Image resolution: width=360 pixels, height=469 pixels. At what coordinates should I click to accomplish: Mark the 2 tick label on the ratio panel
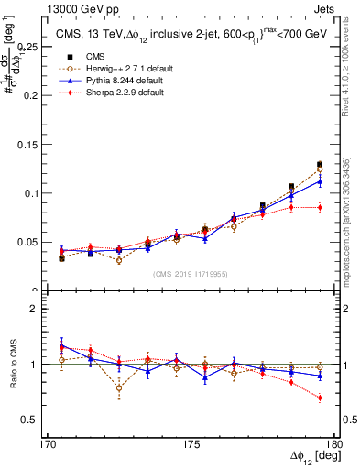coord(43,309)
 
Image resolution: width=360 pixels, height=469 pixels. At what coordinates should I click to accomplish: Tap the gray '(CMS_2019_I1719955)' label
coord(191,274)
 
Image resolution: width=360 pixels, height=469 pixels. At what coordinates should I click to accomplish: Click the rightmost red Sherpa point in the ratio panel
coord(320,398)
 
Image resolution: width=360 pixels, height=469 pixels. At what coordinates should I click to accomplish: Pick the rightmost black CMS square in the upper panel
coord(320,165)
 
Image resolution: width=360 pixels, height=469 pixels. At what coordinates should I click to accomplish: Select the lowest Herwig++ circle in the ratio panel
coord(119,388)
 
